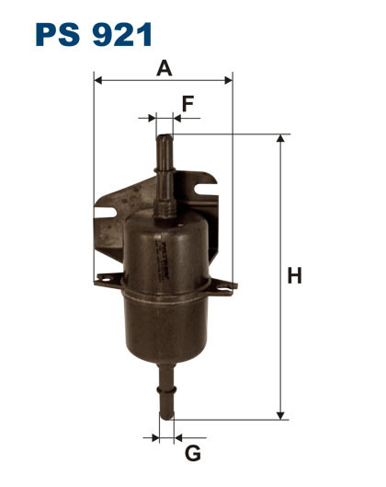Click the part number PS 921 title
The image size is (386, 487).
tap(94, 34)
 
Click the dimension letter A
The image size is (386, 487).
tap(164, 68)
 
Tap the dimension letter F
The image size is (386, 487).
tap(187, 104)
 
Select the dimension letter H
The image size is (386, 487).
tap(294, 275)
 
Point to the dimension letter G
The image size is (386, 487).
tap(193, 454)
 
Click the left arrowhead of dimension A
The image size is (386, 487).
tap(97, 80)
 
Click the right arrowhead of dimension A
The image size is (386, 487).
tap(229, 80)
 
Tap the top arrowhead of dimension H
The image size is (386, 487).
tap(280, 138)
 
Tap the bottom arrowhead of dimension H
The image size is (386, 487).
tap(280, 416)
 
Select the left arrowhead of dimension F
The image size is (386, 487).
tap(153, 118)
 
